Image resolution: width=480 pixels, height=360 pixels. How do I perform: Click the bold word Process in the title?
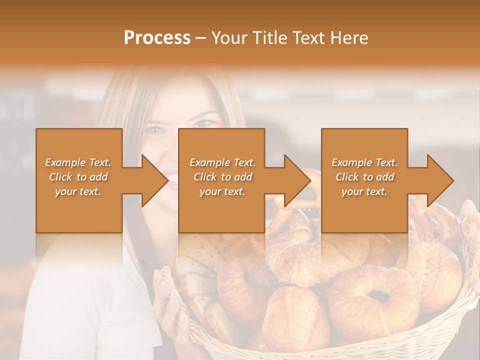coord(157,38)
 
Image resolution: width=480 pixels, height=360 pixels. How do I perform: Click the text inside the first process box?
coord(78,177)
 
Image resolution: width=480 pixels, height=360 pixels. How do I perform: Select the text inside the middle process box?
coord(222,177)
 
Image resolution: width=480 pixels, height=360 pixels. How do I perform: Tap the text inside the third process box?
coord(364,177)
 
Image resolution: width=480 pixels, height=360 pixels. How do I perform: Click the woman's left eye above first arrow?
coord(155,130)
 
